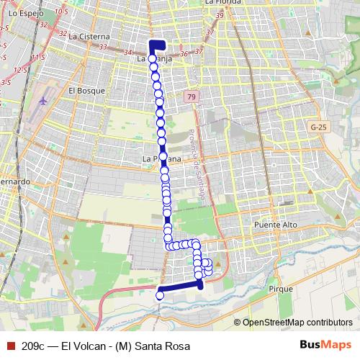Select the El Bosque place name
[86, 91]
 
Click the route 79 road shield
[189, 96]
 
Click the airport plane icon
[45, 101]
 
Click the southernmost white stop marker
[160, 295]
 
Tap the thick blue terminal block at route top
[156, 45]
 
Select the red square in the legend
[9, 345]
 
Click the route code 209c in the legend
[34, 346]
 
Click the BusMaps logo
[325, 345]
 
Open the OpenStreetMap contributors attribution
[297, 322]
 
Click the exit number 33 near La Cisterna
[103, 47]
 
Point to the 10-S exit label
[60, 12]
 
